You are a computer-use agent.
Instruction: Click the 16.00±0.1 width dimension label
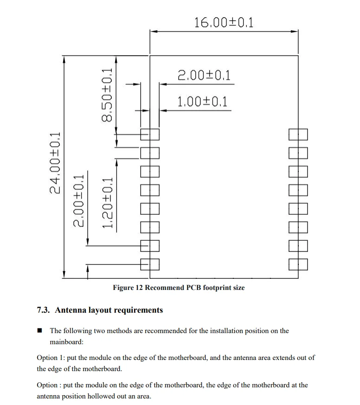[224, 22]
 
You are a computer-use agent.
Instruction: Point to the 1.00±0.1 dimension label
[203, 102]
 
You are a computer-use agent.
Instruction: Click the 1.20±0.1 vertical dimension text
[108, 203]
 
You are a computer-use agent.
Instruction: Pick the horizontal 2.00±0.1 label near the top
[204, 75]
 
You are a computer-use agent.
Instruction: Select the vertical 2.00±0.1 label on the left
[79, 200]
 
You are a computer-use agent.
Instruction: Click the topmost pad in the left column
[150, 134]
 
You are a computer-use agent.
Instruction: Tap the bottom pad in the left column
[150, 264]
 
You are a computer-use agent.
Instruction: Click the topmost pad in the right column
[298, 134]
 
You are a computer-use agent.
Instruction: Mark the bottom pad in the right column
[298, 264]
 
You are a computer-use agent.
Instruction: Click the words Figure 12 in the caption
[128, 288]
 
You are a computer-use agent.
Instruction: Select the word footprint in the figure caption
[216, 288]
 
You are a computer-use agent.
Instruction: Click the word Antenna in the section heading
[71, 310]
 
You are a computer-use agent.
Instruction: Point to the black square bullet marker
[40, 331]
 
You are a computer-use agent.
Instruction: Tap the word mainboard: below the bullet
[67, 342]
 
